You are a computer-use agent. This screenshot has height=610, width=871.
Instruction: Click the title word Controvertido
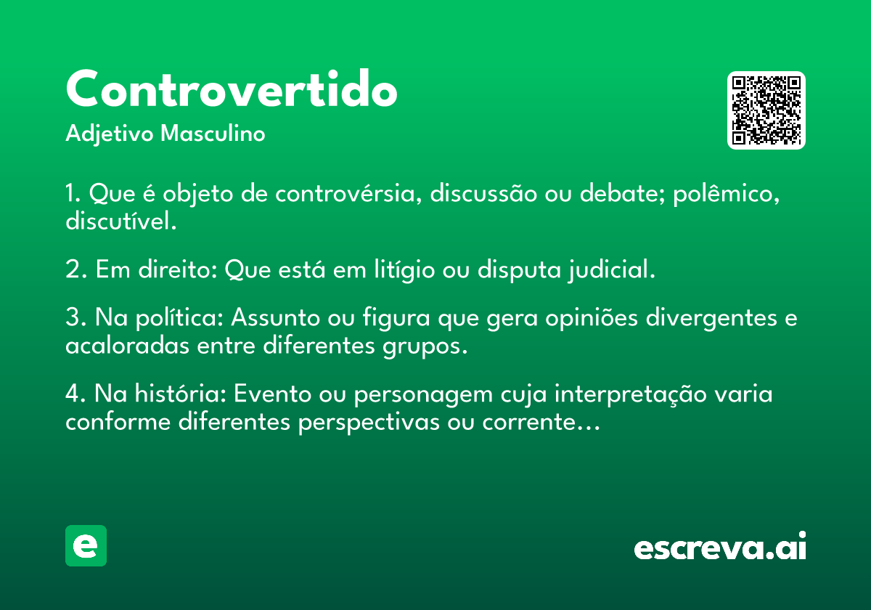point(232,89)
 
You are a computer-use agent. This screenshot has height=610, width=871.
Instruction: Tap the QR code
point(766,110)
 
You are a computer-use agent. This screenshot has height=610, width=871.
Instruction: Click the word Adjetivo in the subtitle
point(110,134)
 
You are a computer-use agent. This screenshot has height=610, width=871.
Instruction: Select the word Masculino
point(213,133)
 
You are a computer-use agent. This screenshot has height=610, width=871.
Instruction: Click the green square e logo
point(86,545)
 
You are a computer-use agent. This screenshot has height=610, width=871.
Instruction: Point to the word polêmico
point(726,194)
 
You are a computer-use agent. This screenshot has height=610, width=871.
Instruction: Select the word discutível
point(121,220)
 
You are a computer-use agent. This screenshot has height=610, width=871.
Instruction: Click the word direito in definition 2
point(177,269)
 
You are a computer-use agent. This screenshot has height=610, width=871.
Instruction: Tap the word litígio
point(404,269)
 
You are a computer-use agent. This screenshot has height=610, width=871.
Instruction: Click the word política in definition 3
point(179,318)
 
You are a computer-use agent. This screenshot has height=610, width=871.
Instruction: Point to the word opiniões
point(592,318)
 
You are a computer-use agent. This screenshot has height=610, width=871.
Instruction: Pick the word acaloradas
point(127,345)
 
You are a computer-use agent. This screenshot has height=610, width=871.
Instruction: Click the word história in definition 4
point(181,393)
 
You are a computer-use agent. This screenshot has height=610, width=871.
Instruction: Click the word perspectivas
point(369,422)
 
